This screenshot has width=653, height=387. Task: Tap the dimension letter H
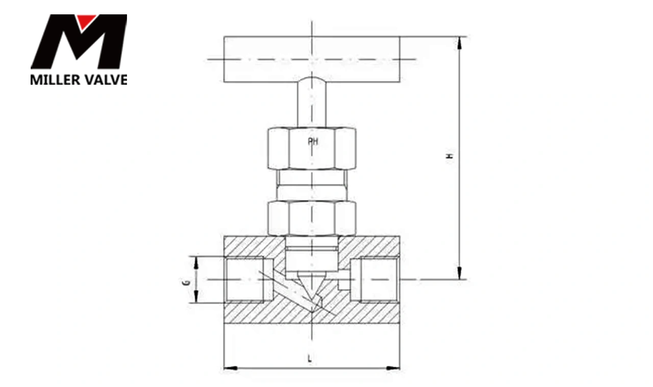click(x=451, y=156)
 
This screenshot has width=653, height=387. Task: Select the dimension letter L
click(x=310, y=358)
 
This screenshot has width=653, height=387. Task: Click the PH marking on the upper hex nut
click(x=313, y=141)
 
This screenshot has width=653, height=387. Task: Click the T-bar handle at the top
click(x=312, y=59)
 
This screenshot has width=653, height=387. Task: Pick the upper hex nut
click(x=312, y=148)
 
